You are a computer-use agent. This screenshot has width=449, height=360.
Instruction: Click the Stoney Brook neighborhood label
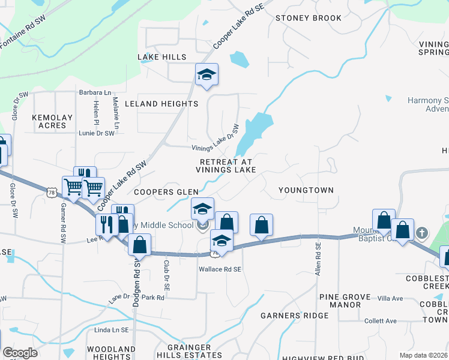tap(309, 18)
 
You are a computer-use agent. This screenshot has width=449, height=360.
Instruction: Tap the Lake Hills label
tap(162, 57)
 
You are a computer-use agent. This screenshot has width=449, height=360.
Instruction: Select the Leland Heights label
tap(161, 104)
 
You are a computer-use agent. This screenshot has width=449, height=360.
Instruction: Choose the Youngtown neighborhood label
tap(306, 190)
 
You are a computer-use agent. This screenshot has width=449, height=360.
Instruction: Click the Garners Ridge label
tap(294, 316)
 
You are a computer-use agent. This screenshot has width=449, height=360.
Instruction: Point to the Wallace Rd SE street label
tap(220, 269)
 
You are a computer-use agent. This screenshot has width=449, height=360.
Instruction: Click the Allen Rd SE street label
tap(318, 258)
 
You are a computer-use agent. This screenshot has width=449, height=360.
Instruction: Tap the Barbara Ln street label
tap(95, 93)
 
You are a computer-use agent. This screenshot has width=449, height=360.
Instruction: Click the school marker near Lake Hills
tap(206, 75)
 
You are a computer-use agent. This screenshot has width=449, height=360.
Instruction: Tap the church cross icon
tap(422, 233)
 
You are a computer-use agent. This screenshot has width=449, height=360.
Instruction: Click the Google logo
tap(20, 353)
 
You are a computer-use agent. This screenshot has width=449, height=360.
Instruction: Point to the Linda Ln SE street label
tap(111, 330)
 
